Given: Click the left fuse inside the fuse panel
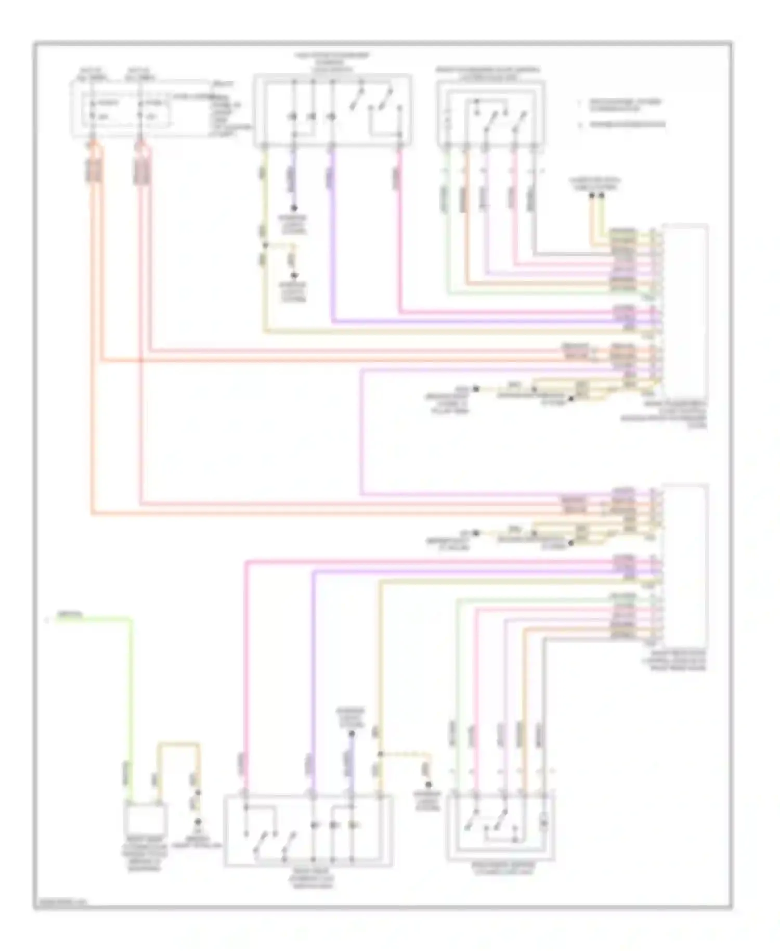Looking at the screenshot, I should point(94,110).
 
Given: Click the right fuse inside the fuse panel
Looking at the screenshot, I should point(140,110).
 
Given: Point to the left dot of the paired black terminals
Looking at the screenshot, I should point(592,196).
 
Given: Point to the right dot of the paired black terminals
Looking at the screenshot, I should point(602,196).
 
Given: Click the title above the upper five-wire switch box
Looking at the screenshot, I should point(488,73).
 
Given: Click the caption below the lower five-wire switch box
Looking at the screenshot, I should point(501,867).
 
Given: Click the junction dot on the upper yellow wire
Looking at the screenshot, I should point(265,246).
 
